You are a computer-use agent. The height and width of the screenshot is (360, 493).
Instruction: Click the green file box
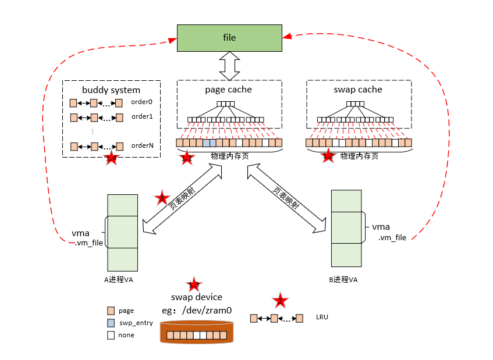[229, 38]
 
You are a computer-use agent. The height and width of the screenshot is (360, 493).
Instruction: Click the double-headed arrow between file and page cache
[229, 66]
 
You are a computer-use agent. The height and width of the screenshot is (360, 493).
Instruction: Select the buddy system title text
[111, 90]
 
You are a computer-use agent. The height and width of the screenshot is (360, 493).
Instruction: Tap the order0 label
[141, 102]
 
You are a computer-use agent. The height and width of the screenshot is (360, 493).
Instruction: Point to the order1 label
[141, 117]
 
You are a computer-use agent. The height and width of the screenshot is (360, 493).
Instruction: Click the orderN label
[142, 146]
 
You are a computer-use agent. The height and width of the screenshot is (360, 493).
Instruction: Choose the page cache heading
[229, 90]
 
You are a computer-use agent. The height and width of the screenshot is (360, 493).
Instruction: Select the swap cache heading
[358, 90]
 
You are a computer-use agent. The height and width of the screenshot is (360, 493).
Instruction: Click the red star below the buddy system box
[111, 158]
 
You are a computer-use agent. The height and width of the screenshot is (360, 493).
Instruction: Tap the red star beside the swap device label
[193, 284]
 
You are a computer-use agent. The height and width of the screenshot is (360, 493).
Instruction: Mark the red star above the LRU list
[280, 300]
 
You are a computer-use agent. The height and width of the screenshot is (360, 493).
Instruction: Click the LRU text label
[322, 318]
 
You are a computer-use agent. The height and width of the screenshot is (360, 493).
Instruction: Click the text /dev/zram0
[207, 311]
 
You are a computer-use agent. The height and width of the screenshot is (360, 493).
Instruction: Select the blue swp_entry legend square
[111, 323]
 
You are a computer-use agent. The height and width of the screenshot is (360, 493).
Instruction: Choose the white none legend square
[111, 335]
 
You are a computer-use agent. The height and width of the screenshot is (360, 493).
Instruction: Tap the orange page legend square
[111, 311]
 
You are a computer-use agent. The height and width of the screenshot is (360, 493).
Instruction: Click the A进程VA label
[119, 280]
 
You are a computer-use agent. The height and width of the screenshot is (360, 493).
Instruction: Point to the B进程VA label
[343, 280]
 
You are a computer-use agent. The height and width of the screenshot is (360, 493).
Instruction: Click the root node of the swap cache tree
[355, 105]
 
